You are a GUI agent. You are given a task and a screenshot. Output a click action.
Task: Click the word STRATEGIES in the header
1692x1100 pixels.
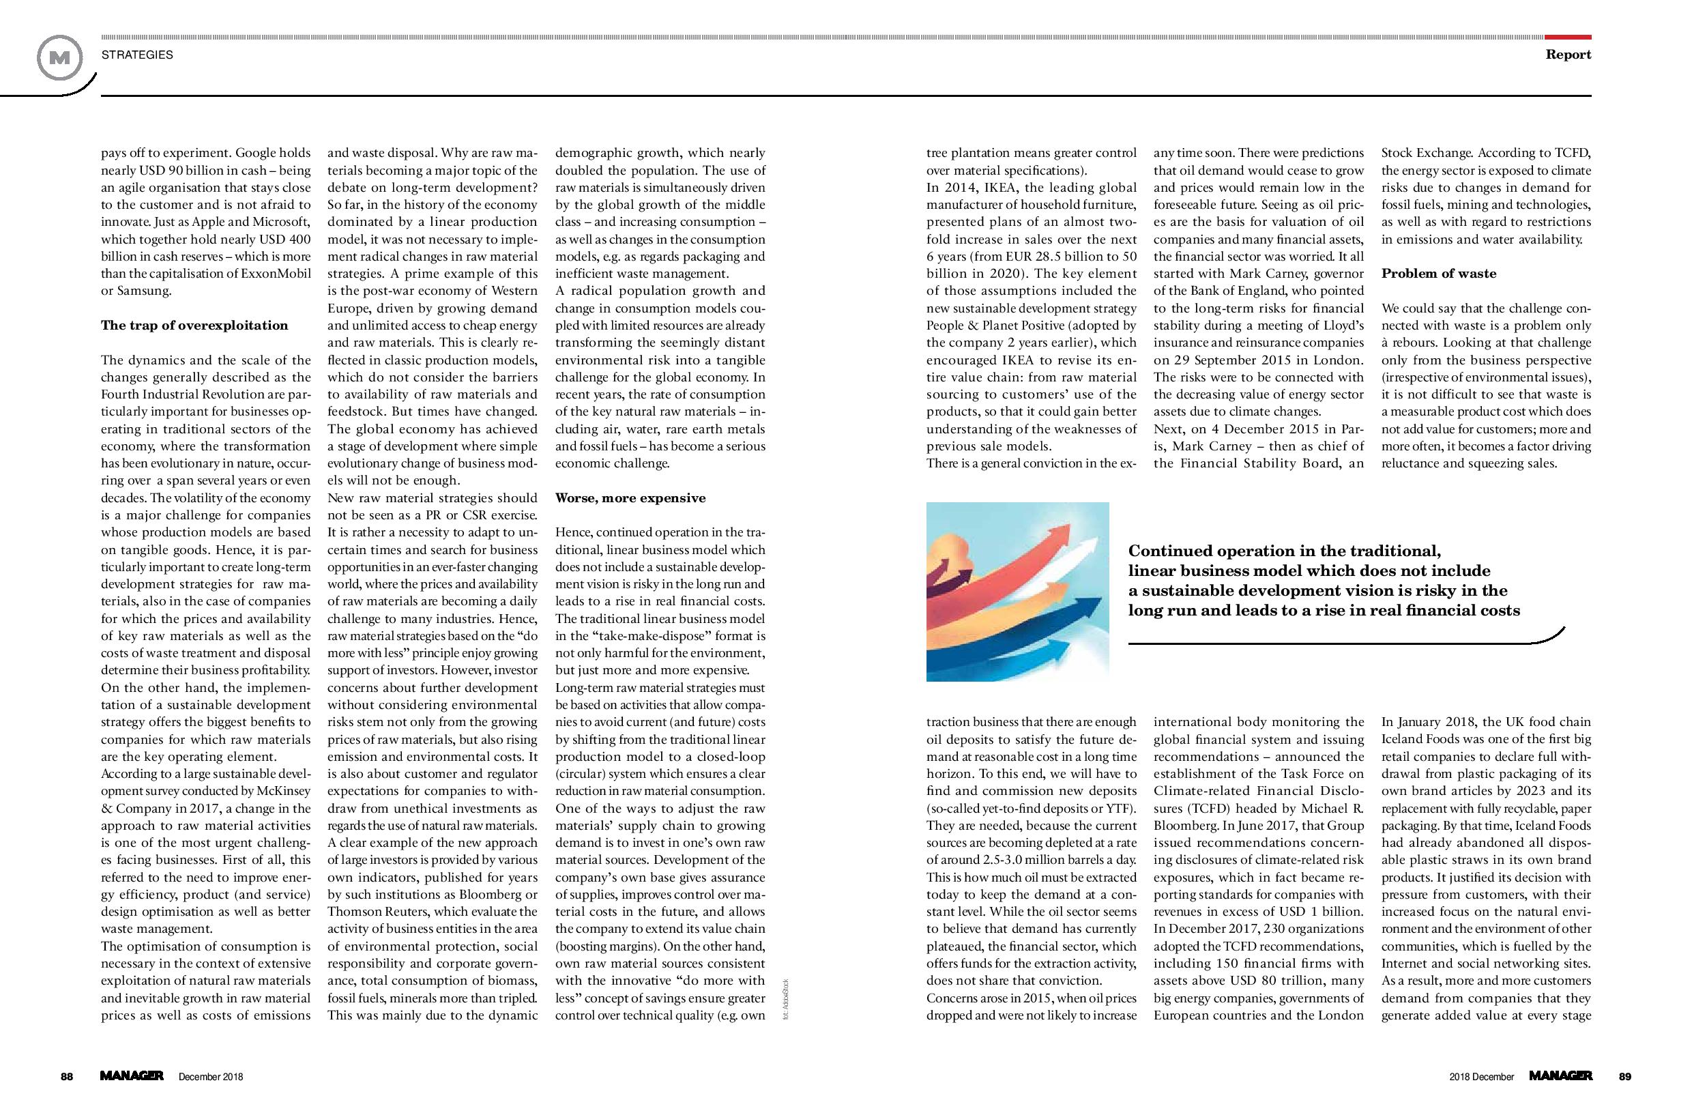click(x=137, y=55)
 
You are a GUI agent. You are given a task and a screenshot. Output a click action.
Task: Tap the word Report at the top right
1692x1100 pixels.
click(x=1569, y=55)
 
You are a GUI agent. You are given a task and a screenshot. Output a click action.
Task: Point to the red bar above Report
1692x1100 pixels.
click(x=1568, y=37)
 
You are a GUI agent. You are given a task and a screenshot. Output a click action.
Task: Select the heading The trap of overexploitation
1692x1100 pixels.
click(x=194, y=325)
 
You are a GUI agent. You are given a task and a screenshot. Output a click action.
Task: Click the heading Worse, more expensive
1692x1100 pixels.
click(x=630, y=497)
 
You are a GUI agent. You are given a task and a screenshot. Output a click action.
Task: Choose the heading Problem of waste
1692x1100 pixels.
click(x=1438, y=274)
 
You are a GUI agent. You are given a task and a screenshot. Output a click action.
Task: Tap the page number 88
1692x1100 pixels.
click(x=67, y=1077)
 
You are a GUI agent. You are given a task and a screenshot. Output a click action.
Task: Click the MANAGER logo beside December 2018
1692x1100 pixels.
click(x=132, y=1076)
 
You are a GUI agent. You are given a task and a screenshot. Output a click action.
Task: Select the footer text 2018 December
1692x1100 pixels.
click(x=1482, y=1077)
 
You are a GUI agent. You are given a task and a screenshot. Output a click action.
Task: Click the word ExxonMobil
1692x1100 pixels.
click(x=273, y=274)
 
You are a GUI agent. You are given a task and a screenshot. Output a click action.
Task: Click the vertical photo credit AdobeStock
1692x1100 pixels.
click(x=785, y=999)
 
